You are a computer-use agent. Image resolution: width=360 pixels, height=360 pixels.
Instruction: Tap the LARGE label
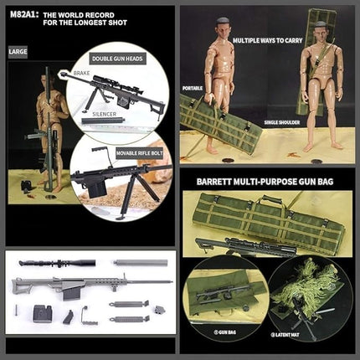tap(18, 52)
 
